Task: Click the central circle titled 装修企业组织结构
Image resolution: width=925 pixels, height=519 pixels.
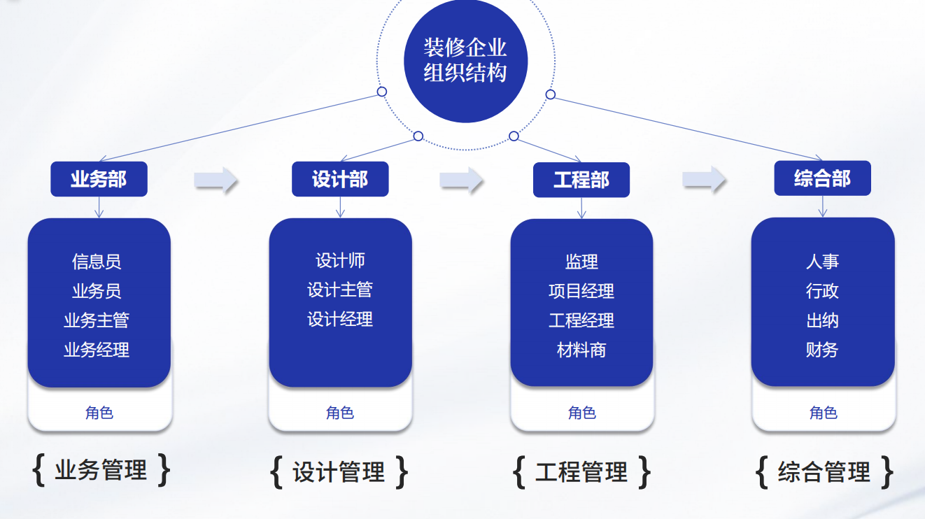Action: click(x=465, y=61)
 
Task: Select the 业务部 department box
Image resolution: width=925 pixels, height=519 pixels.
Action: click(x=99, y=179)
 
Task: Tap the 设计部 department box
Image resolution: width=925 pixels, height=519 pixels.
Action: click(x=340, y=179)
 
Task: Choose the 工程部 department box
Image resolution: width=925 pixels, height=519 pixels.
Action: click(x=581, y=180)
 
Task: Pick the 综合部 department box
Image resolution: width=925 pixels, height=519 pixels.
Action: click(x=822, y=178)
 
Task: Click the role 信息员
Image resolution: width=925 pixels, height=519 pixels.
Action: click(x=97, y=262)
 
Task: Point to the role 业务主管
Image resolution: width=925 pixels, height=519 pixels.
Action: click(x=97, y=320)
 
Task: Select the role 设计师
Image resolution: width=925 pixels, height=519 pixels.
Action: click(x=340, y=261)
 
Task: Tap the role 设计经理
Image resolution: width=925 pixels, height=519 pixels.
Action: click(x=340, y=320)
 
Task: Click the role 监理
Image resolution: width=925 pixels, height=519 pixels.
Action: click(x=581, y=262)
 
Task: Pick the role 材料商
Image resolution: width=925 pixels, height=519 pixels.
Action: click(x=581, y=350)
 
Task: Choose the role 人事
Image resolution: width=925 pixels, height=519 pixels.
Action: click(x=822, y=262)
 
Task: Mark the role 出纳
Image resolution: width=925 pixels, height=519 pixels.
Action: click(x=822, y=320)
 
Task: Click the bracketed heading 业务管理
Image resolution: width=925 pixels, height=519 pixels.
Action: click(x=101, y=470)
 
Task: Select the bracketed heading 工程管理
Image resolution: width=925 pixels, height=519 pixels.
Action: click(x=581, y=472)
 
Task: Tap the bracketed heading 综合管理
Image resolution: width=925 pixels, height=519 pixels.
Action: click(x=824, y=472)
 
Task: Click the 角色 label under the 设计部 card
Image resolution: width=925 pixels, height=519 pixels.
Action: click(x=340, y=413)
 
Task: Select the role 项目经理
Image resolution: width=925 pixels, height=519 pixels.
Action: click(x=581, y=291)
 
